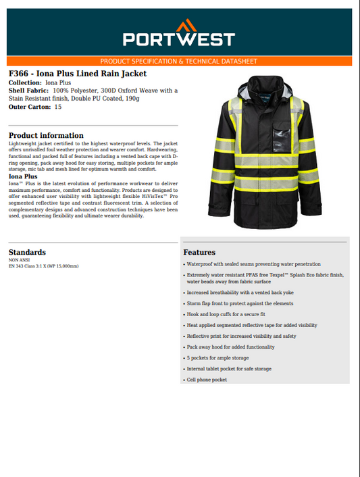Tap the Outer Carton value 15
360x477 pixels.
point(58,107)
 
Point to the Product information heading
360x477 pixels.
point(46,136)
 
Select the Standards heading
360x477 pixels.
point(27,252)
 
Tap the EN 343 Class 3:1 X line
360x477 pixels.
point(43,266)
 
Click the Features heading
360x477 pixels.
point(199,253)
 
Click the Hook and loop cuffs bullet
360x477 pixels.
point(226,314)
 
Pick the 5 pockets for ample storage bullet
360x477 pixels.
point(217,358)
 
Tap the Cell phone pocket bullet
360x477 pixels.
point(207,380)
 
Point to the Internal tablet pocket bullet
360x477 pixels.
point(229,369)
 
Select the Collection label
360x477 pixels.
point(24,82)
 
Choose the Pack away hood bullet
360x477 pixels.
point(230,347)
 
